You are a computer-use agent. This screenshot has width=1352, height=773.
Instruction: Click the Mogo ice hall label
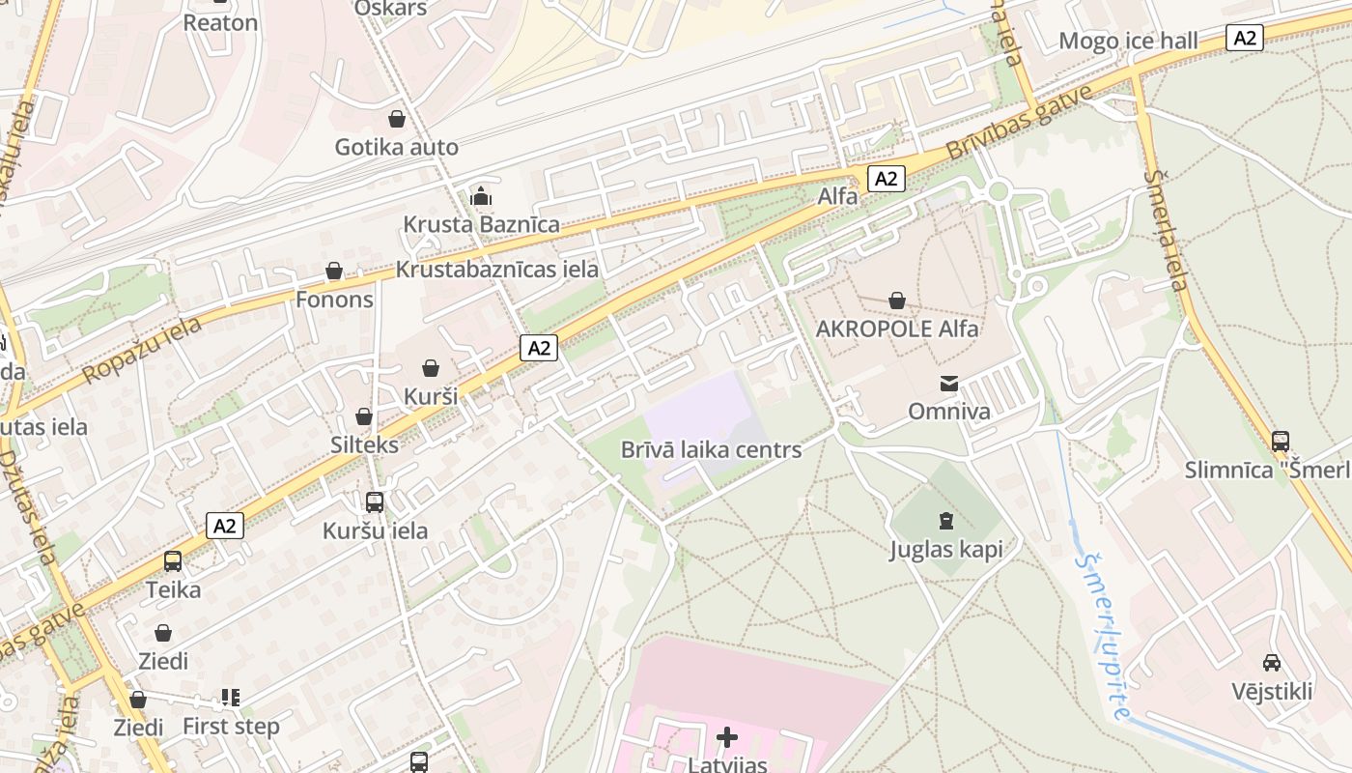tap(1128, 41)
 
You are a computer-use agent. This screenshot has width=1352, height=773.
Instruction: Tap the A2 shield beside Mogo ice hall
tap(1245, 38)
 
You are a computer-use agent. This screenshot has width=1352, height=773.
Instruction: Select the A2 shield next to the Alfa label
tap(886, 178)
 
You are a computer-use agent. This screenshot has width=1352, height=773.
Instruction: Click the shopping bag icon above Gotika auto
tap(396, 119)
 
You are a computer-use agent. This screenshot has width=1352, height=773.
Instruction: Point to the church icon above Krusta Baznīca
tap(481, 196)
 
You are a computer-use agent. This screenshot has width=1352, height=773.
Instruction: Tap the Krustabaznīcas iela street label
tap(497, 270)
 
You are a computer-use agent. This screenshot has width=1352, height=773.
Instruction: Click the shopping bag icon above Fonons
tap(334, 271)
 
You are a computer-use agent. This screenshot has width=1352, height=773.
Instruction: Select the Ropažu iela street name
tap(142, 350)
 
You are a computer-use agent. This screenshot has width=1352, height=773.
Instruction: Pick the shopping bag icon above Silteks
tap(364, 416)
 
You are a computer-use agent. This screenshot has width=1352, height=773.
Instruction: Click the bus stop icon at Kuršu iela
tap(375, 502)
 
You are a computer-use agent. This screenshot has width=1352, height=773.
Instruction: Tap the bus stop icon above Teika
tap(173, 561)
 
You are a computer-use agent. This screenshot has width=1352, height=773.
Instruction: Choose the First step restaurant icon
tap(230, 697)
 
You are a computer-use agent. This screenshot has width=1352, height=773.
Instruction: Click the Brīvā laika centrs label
tap(711, 449)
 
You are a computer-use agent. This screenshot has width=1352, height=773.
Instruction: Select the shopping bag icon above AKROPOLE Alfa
tap(897, 301)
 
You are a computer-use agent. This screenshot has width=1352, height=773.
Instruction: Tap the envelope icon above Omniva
tap(949, 384)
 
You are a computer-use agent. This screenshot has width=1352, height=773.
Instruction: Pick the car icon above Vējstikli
tap(1272, 663)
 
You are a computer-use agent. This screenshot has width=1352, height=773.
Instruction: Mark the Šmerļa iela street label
tap(1166, 230)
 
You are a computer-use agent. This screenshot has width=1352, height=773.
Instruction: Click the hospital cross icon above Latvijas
tap(727, 738)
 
